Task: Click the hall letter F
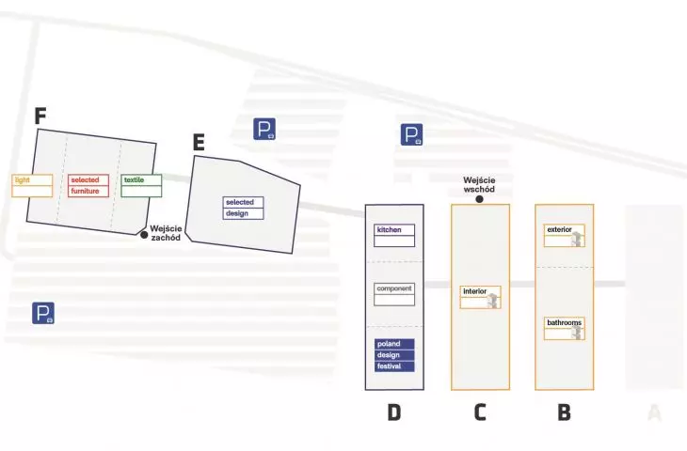pyautogui.click(x=40, y=116)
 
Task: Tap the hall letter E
pyautogui.click(x=199, y=142)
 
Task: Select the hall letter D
pyautogui.click(x=394, y=412)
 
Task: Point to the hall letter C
pyautogui.click(x=480, y=412)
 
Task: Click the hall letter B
pyautogui.click(x=565, y=412)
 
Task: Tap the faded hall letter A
pyautogui.click(x=654, y=412)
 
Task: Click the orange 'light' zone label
pyautogui.click(x=32, y=185)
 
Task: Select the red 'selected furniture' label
pyautogui.click(x=88, y=185)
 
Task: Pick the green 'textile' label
pyautogui.click(x=141, y=185)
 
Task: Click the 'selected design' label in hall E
pyautogui.click(x=243, y=208)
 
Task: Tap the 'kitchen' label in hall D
pyautogui.click(x=394, y=235)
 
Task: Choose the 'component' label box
pyautogui.click(x=394, y=294)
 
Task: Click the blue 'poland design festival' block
pyautogui.click(x=394, y=355)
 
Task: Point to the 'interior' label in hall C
pyautogui.click(x=480, y=297)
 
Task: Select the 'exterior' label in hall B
pyautogui.click(x=565, y=235)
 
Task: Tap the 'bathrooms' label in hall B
pyautogui.click(x=565, y=328)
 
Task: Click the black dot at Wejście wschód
pyautogui.click(x=480, y=199)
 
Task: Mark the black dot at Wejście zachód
pyautogui.click(x=144, y=235)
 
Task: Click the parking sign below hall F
pyautogui.click(x=43, y=313)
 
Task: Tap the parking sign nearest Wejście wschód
pyautogui.click(x=412, y=134)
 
